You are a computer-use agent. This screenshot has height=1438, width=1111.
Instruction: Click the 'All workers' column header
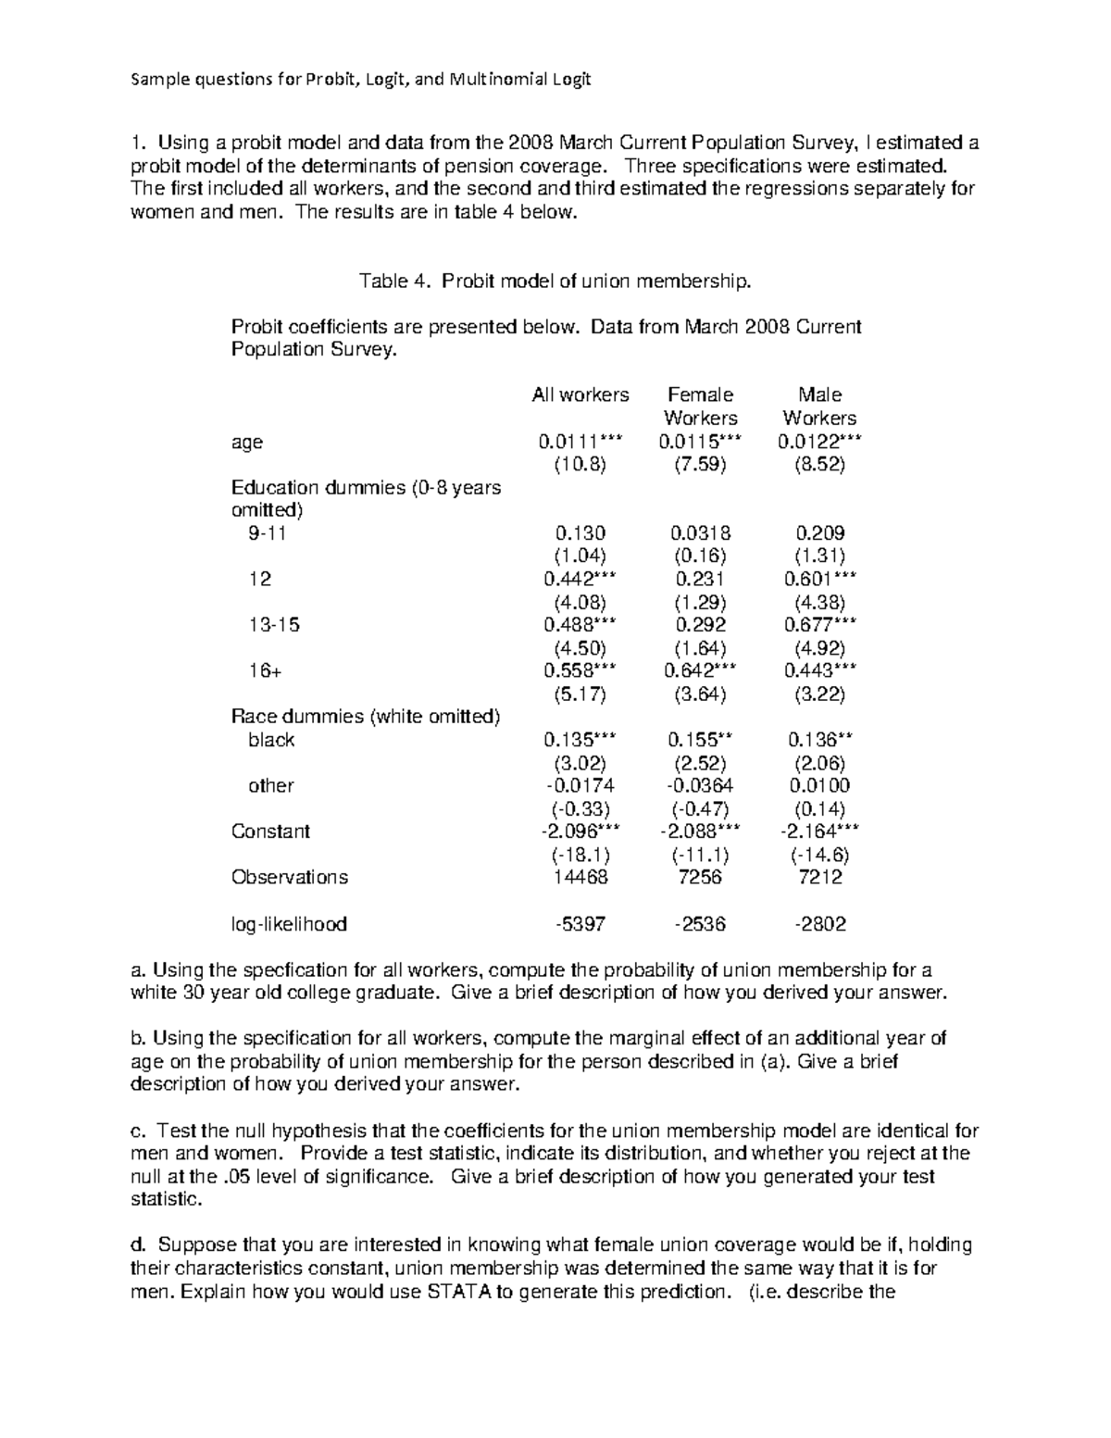click(x=580, y=395)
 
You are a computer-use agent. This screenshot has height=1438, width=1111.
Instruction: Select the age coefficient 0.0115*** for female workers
click(x=700, y=443)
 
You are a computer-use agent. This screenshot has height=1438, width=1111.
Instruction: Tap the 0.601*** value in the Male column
click(x=819, y=580)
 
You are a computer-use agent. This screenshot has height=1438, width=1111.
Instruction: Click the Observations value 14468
click(x=580, y=878)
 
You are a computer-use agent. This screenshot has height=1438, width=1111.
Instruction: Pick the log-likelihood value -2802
click(x=819, y=924)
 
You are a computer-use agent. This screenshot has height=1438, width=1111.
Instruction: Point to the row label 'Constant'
click(x=270, y=832)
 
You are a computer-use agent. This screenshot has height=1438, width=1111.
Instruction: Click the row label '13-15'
click(x=274, y=625)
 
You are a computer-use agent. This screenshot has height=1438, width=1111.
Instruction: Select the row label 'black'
click(x=271, y=740)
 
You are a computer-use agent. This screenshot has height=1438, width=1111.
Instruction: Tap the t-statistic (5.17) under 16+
click(x=580, y=694)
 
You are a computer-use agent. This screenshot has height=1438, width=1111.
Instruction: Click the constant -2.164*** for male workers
click(x=819, y=832)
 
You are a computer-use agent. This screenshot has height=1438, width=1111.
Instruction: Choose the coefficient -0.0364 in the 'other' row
click(x=700, y=786)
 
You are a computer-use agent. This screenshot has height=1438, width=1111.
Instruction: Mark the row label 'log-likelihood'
click(x=289, y=924)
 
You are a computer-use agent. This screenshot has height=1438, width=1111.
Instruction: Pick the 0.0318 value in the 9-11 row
click(x=700, y=533)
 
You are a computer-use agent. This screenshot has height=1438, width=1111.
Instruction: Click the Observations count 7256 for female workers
click(x=700, y=878)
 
